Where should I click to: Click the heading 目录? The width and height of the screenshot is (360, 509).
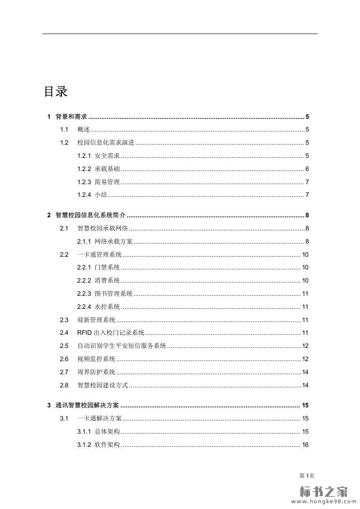point(55,92)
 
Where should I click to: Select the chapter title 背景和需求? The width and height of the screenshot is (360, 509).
point(71,117)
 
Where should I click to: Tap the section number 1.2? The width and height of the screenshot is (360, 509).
point(64,143)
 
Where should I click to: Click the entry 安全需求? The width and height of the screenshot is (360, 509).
point(107,156)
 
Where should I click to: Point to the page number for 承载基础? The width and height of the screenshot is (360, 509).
point(307,169)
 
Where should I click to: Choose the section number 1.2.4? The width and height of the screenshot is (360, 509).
point(84,195)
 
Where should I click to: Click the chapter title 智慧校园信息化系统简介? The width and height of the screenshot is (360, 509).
point(90,215)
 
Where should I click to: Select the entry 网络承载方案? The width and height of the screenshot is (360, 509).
point(113,241)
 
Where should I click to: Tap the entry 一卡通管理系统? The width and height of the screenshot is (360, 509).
point(99,254)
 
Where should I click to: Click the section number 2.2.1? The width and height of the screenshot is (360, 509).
point(84,268)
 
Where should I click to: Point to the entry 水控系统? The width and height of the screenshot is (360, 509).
point(107,307)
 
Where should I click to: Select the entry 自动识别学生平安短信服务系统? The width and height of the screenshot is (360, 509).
point(122,346)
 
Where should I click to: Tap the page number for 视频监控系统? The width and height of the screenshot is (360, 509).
point(306,359)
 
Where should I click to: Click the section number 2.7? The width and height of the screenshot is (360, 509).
point(64,372)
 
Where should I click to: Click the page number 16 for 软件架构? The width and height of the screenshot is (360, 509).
point(305,445)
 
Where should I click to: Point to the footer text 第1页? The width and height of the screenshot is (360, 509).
point(307,475)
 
